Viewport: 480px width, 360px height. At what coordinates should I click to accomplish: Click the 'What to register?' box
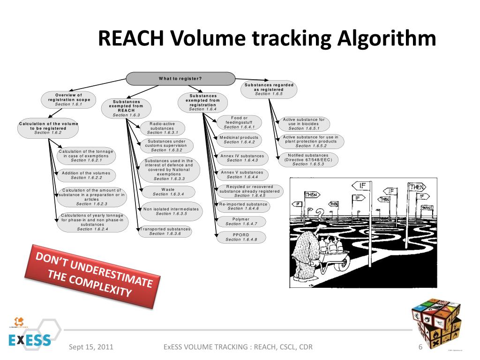tap(180, 78)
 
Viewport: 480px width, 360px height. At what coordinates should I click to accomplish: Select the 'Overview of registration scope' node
tap(68, 99)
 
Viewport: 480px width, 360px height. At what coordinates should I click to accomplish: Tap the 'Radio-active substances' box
tap(162, 128)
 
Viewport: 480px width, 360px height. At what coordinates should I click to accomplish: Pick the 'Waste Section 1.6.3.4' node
tap(168, 192)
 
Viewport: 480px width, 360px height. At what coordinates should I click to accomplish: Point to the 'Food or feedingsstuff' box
tap(239, 122)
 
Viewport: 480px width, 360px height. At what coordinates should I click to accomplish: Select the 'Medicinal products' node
tap(239, 140)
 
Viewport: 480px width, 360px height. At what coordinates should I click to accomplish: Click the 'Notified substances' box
tap(308, 159)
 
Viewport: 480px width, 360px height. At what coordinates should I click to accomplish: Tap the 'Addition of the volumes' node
tap(86, 175)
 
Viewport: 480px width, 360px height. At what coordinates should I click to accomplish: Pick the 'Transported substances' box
tap(165, 231)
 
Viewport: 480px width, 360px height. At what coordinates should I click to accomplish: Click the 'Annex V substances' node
tap(242, 174)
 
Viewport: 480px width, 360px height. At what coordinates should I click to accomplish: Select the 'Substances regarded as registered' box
tap(269, 89)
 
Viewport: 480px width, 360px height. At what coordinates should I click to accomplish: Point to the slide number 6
tap(420, 347)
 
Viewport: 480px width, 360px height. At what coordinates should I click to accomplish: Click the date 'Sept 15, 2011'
tap(91, 347)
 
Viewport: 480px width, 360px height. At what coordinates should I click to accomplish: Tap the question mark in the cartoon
tap(320, 215)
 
